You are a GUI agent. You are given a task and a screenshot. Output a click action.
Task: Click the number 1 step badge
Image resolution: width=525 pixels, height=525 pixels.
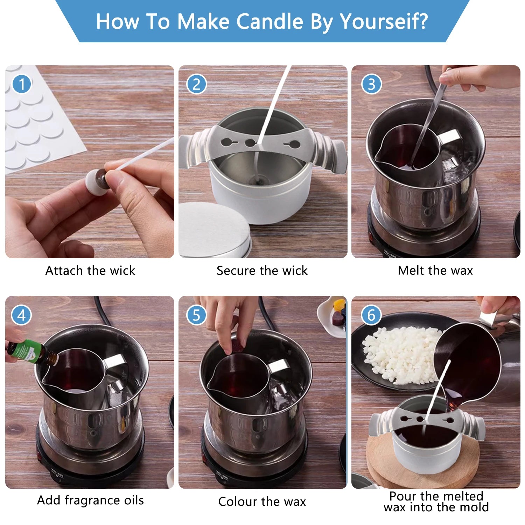pyautogui.click(x=22, y=84)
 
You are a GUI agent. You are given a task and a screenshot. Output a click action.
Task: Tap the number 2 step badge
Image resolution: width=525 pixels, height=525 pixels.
pyautogui.click(x=196, y=84)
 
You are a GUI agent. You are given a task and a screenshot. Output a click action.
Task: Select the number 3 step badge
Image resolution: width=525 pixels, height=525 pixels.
pyautogui.click(x=371, y=84)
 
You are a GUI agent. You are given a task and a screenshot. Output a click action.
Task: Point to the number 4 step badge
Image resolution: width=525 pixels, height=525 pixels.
pyautogui.click(x=22, y=315)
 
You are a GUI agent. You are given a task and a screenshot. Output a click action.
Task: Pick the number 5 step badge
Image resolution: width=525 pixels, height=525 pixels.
pyautogui.click(x=196, y=315)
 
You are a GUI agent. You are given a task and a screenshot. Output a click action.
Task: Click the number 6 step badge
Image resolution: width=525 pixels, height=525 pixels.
pyautogui.click(x=371, y=315)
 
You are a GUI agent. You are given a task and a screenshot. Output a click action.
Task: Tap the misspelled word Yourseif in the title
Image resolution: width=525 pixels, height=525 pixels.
pyautogui.click(x=384, y=22)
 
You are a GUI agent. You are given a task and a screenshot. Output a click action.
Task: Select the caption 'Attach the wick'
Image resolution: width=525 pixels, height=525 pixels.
pyautogui.click(x=90, y=271)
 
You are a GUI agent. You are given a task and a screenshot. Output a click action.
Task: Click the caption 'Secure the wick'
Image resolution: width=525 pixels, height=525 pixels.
pyautogui.click(x=262, y=271)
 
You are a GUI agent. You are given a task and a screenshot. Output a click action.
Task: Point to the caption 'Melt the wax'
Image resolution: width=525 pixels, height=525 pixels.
pyautogui.click(x=435, y=271)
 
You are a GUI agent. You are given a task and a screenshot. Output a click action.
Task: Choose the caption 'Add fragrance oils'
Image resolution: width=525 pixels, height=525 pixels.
pyautogui.click(x=91, y=500)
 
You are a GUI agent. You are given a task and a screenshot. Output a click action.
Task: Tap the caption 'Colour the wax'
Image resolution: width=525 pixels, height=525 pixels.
pyautogui.click(x=262, y=502)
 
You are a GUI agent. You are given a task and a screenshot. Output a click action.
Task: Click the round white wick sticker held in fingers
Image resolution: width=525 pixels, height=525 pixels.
pyautogui.click(x=96, y=182)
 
